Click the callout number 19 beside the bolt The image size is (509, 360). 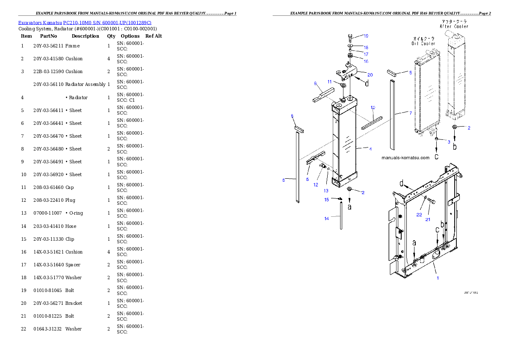pos(366,36)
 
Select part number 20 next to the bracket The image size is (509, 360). pos(370,75)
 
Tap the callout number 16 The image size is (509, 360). pos(366,62)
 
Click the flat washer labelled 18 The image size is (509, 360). pos(350,46)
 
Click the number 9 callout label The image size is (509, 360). pos(315,83)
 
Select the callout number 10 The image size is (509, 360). pos(373,107)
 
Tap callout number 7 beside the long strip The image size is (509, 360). pos(411,113)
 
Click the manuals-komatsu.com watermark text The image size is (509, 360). pos(405,158)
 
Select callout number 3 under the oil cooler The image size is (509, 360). pos(449,142)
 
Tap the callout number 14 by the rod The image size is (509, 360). pos(327,218)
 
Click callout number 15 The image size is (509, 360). pos(326,200)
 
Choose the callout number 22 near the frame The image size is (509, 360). pos(419,215)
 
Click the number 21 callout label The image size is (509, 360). pos(428,220)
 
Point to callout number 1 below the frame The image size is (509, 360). pos(438,278)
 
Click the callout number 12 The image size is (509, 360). pos(316,185)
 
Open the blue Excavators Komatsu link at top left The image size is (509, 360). pos(85,23)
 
